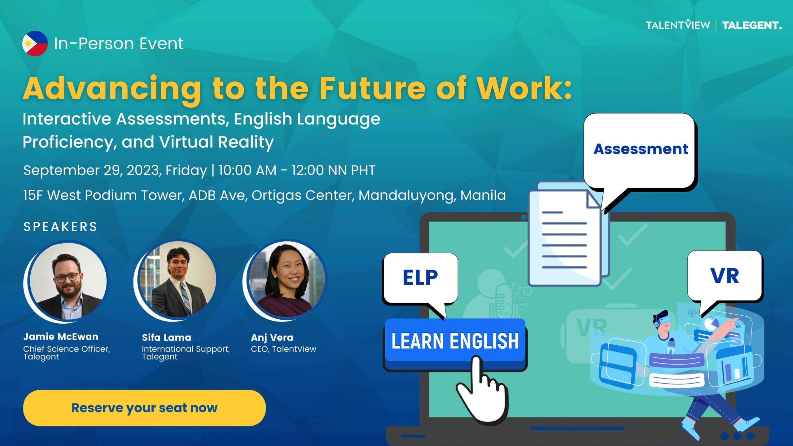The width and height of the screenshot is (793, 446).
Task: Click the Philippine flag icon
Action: [x=35, y=43]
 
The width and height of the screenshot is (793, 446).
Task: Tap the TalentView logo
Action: [x=678, y=25]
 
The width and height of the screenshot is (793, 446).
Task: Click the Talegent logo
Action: [x=752, y=25]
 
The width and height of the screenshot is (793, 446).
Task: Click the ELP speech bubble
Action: [x=420, y=279]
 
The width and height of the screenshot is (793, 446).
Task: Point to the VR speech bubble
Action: [x=725, y=277]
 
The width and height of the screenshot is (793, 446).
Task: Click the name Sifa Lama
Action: [x=166, y=337]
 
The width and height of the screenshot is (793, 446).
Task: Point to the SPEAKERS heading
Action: [x=60, y=227]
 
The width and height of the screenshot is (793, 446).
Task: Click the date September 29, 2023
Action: [x=91, y=170]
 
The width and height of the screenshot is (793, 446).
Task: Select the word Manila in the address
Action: [x=483, y=195]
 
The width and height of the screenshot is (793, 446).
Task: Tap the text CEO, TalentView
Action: [x=283, y=349]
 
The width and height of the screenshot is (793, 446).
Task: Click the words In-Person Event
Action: [x=119, y=43]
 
